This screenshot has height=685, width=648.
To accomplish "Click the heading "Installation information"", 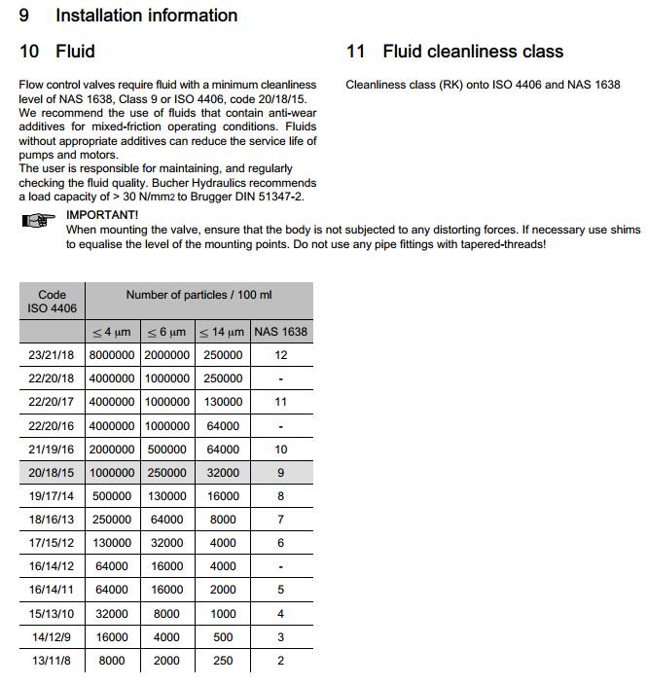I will click(146, 16).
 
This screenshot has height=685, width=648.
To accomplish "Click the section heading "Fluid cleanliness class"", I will click(473, 52).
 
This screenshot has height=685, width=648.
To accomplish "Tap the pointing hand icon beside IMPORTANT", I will click(38, 222).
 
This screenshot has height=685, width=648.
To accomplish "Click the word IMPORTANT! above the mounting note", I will click(102, 214).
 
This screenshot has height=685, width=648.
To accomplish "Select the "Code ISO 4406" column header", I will click(52, 302).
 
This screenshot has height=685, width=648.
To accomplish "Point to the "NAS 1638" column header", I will click(281, 332).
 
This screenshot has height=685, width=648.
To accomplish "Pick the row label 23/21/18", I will click(52, 355).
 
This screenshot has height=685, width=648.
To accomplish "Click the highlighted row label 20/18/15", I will click(52, 473).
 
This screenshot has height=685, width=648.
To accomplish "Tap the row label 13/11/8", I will click(52, 660).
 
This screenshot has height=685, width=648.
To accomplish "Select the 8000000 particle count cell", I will click(112, 355).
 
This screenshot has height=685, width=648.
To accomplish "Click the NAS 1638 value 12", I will click(281, 355).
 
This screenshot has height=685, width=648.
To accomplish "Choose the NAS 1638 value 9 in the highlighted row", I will click(281, 473).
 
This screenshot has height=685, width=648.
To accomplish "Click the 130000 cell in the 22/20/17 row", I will click(223, 402).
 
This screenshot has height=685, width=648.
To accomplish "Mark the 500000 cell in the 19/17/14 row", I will click(112, 496).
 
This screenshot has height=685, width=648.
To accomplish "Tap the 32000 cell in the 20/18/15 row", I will click(223, 473).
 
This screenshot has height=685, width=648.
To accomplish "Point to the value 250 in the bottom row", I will click(223, 660).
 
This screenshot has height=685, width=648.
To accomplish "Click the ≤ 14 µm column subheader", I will click(222, 332).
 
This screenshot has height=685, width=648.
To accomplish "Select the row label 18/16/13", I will click(52, 520).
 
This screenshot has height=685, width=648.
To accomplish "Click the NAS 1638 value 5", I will click(281, 590).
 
